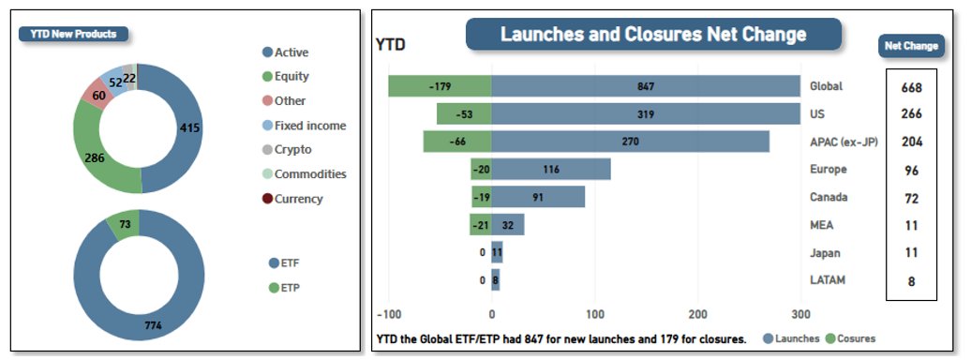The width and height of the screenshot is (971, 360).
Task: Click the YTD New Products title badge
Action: pos(73,35)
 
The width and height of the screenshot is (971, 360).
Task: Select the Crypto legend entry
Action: pos(293,149)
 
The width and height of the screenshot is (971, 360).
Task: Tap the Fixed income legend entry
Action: pos(303,125)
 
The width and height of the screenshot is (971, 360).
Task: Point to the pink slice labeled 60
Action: pos(98,95)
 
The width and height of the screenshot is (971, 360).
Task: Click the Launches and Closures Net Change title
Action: pos(652,35)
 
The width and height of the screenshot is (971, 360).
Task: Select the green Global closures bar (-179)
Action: pos(440,86)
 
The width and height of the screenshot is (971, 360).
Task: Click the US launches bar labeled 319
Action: pos(645,114)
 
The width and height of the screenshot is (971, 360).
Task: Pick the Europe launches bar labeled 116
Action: pos(550,170)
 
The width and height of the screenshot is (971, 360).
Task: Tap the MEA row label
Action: pos(822,225)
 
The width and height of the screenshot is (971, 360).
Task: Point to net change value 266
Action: pos(911,114)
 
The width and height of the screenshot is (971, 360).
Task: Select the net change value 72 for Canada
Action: pos(911,199)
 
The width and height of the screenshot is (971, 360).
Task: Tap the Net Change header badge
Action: pos(911,45)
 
